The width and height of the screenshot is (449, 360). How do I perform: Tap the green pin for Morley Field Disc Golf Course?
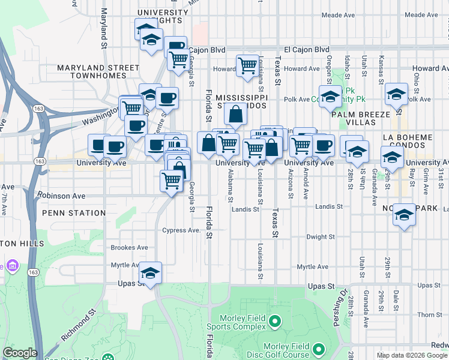tap(318, 349)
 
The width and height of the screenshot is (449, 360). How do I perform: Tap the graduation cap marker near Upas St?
tap(150, 272)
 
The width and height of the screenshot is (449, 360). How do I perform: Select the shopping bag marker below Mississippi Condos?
tap(237, 113)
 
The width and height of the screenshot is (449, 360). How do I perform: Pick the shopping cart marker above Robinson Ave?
tap(172, 179)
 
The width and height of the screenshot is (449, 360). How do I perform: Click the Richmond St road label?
tap(78, 327)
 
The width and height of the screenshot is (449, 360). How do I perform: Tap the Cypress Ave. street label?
tap(181, 230)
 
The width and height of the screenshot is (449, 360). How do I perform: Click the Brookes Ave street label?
tap(129, 247)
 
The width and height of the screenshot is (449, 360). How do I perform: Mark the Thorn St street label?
tap(430, 314)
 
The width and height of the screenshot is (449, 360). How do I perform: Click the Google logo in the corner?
tap(20, 353)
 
